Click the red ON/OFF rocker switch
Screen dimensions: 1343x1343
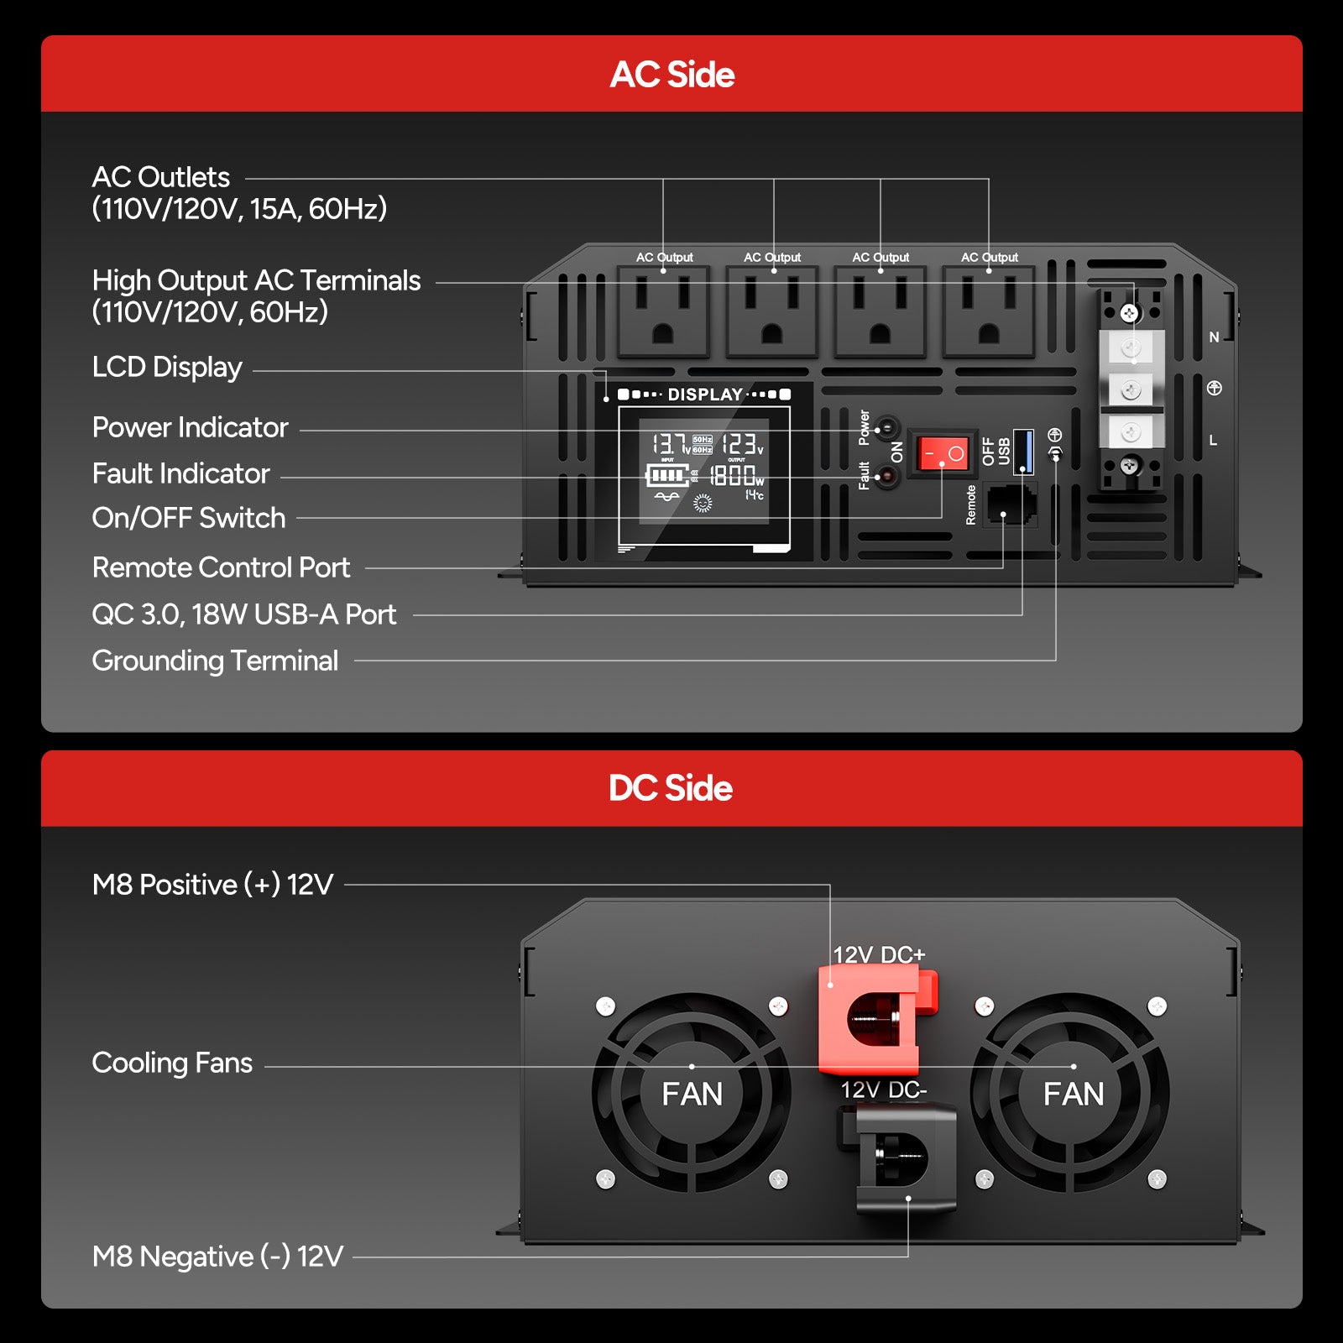pyautogui.click(x=942, y=453)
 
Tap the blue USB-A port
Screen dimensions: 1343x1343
pyautogui.click(x=1023, y=451)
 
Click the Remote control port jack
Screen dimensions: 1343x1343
pyautogui.click(x=1010, y=504)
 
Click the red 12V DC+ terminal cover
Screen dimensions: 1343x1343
pyautogui.click(x=877, y=1019)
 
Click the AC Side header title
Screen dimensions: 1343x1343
pyautogui.click(x=672, y=75)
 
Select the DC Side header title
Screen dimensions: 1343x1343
pyautogui.click(x=671, y=788)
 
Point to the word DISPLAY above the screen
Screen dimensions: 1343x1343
pyautogui.click(x=705, y=395)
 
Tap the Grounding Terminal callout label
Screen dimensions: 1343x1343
pyautogui.click(x=215, y=661)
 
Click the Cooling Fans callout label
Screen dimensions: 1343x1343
pyautogui.click(x=172, y=1063)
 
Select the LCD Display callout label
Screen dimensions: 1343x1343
pyautogui.click(x=167, y=367)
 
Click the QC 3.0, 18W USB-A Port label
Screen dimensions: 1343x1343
pyautogui.click(x=243, y=614)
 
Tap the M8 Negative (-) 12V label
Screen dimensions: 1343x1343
pyautogui.click(x=217, y=1257)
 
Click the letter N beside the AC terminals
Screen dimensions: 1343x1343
pyautogui.click(x=1214, y=337)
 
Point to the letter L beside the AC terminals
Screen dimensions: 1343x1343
pyautogui.click(x=1213, y=440)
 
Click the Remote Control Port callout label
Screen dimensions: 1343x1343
pyautogui.click(x=221, y=567)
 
